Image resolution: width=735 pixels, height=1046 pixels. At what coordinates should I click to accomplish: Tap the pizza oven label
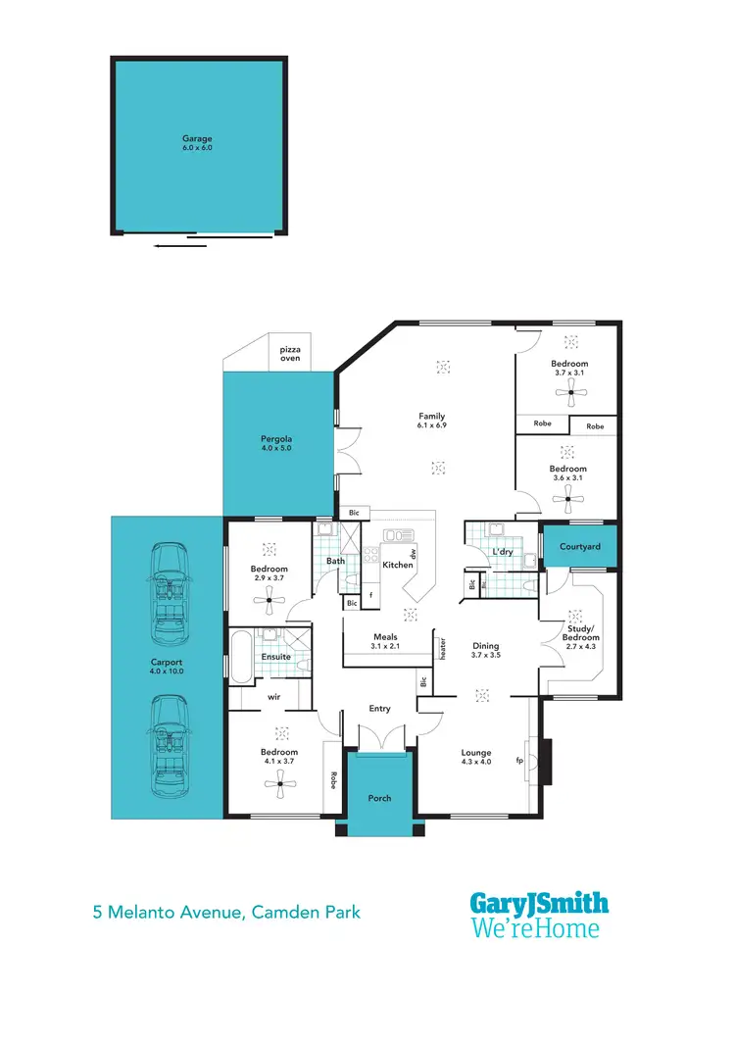coord(290,354)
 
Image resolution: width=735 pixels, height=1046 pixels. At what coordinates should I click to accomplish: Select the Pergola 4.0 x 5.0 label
coord(275,442)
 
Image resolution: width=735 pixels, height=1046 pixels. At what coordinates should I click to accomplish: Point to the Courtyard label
coord(579,546)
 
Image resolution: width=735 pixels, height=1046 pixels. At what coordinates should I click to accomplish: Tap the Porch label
coord(379,798)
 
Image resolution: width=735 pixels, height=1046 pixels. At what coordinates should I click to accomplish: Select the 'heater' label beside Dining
coord(443,648)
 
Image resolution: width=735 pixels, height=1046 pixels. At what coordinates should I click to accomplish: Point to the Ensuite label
coord(274,656)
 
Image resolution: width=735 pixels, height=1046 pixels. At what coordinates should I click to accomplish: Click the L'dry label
coord(503,552)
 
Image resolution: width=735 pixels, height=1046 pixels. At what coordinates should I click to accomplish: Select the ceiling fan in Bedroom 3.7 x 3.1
coord(568,394)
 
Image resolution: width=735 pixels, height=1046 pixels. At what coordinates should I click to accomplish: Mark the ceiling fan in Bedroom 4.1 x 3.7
coord(281,782)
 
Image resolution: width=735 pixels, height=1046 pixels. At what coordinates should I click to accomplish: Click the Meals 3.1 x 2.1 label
coord(384,641)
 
